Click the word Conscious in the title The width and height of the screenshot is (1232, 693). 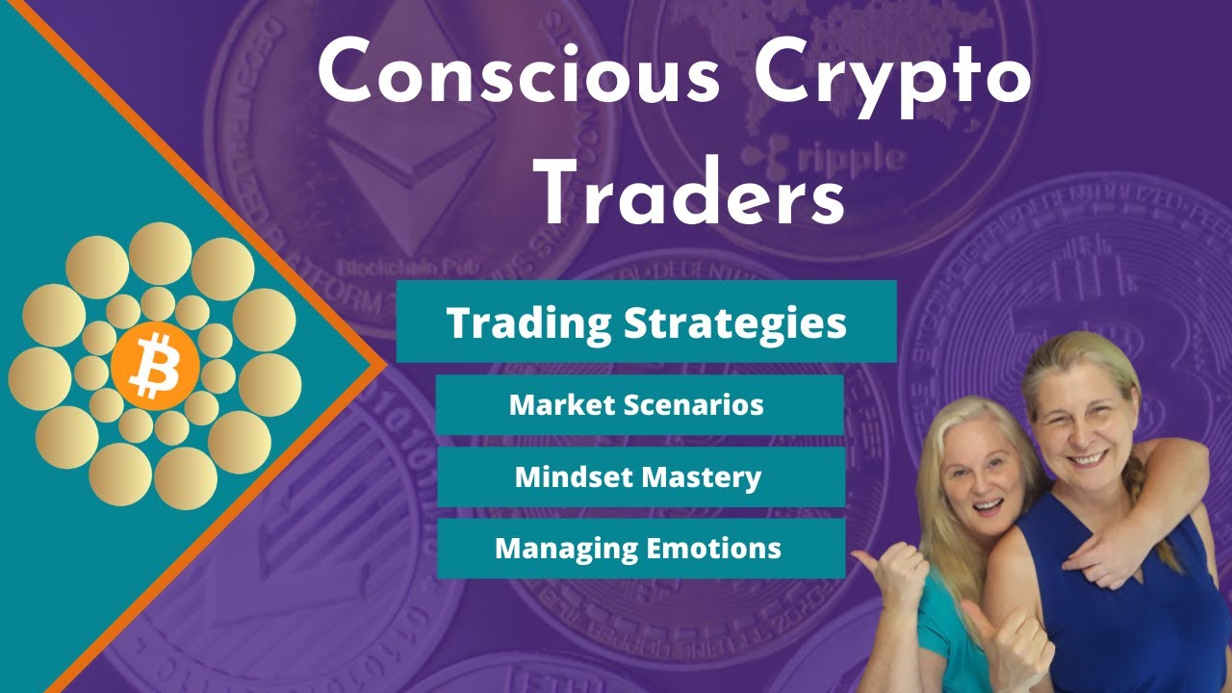(520, 75)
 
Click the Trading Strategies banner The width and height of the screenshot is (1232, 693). (646, 321)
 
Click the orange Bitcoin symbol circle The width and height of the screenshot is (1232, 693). (155, 368)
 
